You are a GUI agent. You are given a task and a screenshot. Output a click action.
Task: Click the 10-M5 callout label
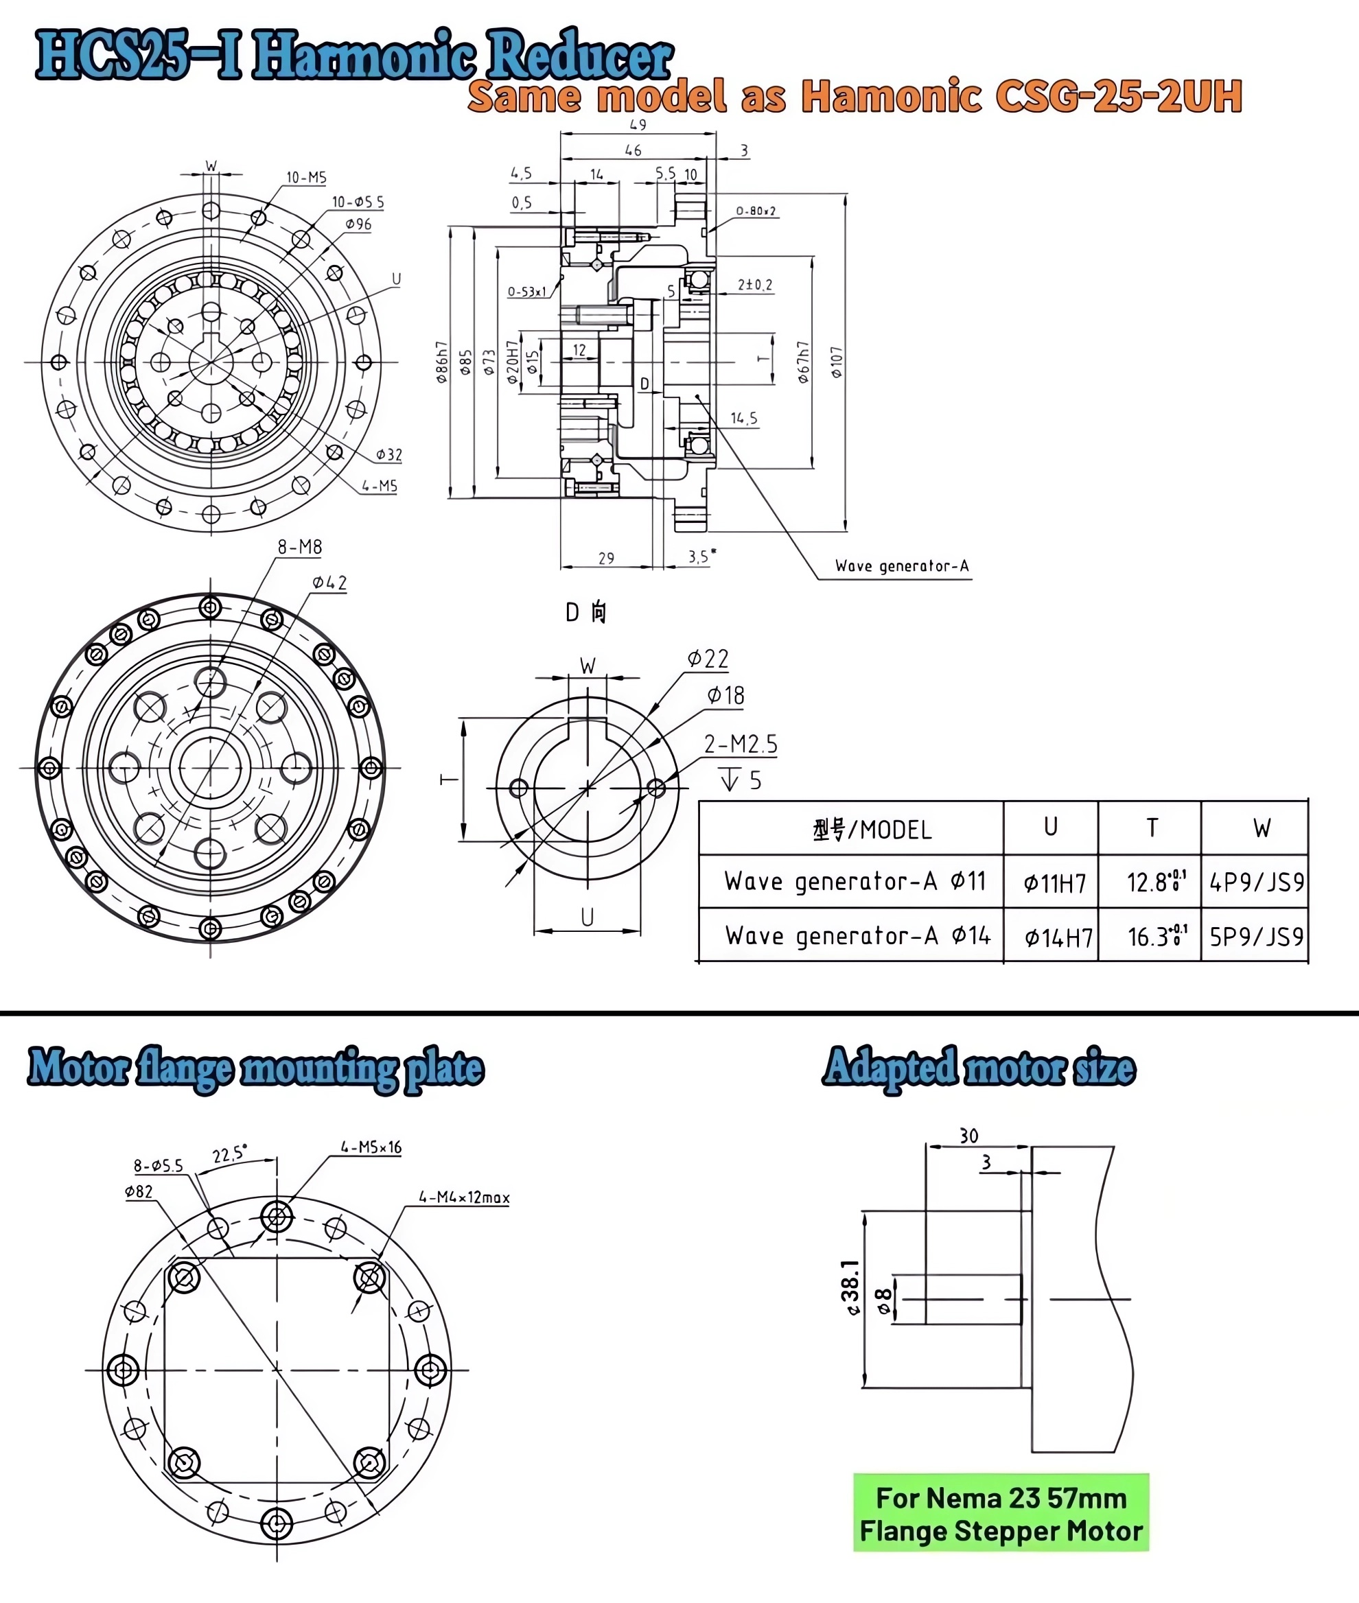306,178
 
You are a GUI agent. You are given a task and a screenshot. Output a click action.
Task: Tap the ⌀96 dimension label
358,225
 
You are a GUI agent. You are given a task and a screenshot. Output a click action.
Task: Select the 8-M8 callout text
300,547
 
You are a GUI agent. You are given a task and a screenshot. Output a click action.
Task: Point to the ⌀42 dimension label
329,583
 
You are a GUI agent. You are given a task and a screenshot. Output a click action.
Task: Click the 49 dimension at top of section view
638,125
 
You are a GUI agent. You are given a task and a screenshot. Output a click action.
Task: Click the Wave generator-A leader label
901,566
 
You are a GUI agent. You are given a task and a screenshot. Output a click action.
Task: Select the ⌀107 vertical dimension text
837,362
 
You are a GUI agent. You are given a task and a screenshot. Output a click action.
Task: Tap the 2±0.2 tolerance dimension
754,285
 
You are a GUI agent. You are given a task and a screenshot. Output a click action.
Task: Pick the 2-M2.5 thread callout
741,744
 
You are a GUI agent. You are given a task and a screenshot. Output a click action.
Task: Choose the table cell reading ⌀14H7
1058,937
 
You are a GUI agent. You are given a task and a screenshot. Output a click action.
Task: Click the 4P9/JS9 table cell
1256,882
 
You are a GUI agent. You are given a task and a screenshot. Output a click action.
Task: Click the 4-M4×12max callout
464,1197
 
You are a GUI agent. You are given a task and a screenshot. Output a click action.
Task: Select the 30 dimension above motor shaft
968,1136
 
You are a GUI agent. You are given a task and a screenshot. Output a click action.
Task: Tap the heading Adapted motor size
979,1068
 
